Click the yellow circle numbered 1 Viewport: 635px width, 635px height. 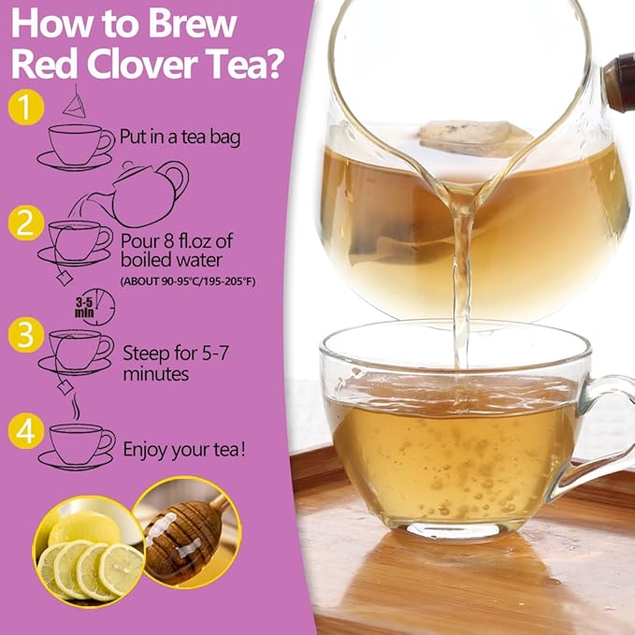pos(26,107)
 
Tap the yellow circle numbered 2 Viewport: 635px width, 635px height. pos(26,223)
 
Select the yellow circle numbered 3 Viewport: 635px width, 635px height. pos(26,335)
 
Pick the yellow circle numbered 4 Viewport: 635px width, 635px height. pos(26,431)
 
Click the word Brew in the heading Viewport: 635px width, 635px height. pos(193,24)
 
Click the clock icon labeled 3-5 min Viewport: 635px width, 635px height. pos(98,308)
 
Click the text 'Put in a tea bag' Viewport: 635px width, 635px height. pos(180,137)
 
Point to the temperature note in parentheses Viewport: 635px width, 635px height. pos(188,281)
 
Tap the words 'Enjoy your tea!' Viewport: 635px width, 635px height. pos(184,450)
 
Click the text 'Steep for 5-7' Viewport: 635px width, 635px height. pos(176,354)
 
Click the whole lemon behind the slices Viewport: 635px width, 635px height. pos(84,527)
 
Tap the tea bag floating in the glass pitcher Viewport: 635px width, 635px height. pos(473,138)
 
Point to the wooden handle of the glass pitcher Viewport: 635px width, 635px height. pos(619,83)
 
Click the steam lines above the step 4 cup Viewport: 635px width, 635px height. pos(76,406)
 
